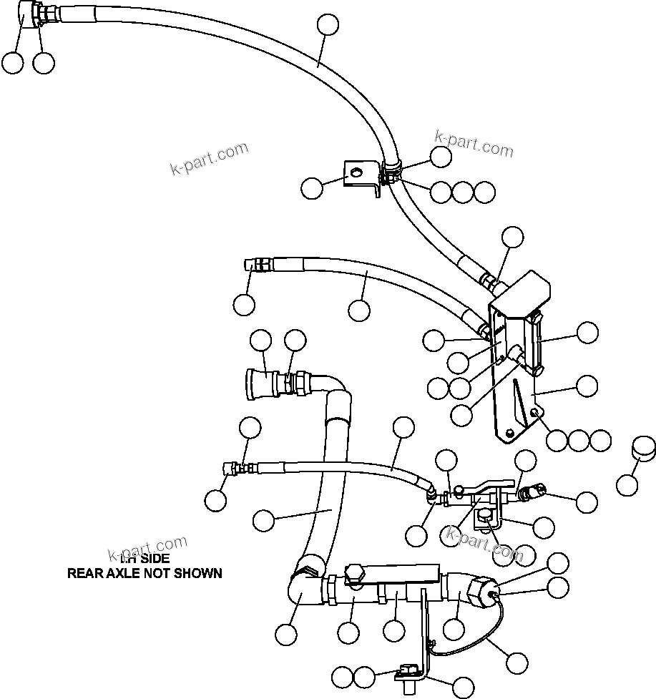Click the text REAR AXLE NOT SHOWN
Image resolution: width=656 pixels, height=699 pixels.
coord(145,573)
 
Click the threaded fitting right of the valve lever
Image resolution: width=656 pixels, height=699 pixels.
coord(531,492)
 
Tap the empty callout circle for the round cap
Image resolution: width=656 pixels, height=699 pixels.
coord(627,486)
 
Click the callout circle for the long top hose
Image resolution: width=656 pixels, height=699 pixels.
coord(328,24)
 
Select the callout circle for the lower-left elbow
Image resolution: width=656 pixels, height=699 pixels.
coord(286,633)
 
